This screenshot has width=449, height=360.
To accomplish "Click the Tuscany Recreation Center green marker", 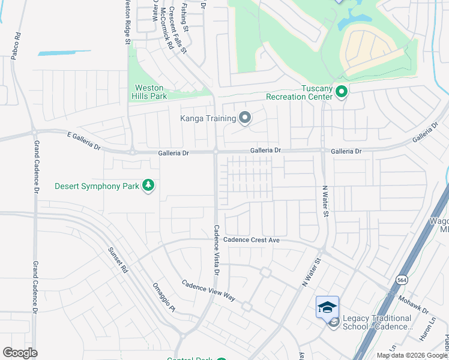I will [x=342, y=92].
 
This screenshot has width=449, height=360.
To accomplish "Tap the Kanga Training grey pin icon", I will [x=244, y=118].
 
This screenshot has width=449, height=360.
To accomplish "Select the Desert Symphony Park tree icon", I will [x=148, y=186].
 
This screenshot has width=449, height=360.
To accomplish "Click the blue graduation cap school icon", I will [x=327, y=307].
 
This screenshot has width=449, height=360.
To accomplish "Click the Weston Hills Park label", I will [x=149, y=92].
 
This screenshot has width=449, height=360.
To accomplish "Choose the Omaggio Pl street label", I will [x=163, y=297].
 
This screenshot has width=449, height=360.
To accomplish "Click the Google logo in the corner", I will [x=20, y=353].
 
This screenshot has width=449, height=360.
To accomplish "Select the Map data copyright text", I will [x=412, y=355].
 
